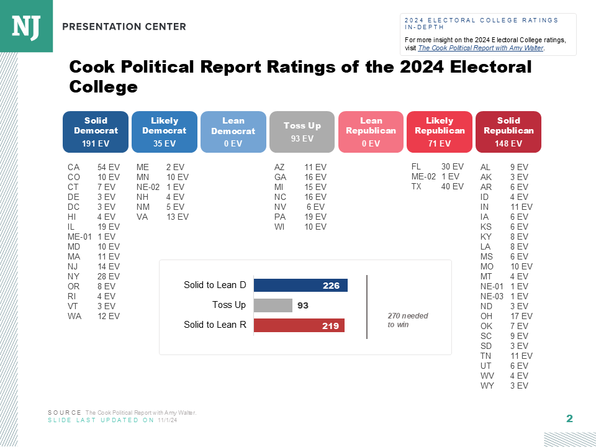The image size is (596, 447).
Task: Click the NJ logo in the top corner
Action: (x=26, y=26)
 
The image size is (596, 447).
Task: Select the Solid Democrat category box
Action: (x=96, y=132)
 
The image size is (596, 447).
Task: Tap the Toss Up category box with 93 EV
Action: (x=302, y=132)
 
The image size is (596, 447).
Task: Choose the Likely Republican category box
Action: (x=440, y=132)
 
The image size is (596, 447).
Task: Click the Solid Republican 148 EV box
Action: (x=508, y=132)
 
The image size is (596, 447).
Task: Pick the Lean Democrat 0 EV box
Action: (x=233, y=132)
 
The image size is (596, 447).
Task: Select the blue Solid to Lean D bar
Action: (x=300, y=286)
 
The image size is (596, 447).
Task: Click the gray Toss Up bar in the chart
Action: (x=273, y=305)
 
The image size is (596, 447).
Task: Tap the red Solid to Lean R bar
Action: (x=299, y=325)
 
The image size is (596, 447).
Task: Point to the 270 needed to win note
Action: (x=407, y=320)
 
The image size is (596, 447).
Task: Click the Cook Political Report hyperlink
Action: (x=481, y=48)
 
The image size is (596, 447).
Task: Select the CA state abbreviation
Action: (x=73, y=167)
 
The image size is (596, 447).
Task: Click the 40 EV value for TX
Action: (x=452, y=186)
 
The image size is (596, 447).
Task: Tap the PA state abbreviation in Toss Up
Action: (x=279, y=217)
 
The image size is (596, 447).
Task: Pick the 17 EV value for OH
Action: (x=521, y=316)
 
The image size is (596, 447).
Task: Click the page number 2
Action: (x=569, y=419)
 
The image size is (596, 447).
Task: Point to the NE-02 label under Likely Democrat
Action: (x=147, y=187)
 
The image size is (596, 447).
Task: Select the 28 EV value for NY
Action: (x=108, y=276)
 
